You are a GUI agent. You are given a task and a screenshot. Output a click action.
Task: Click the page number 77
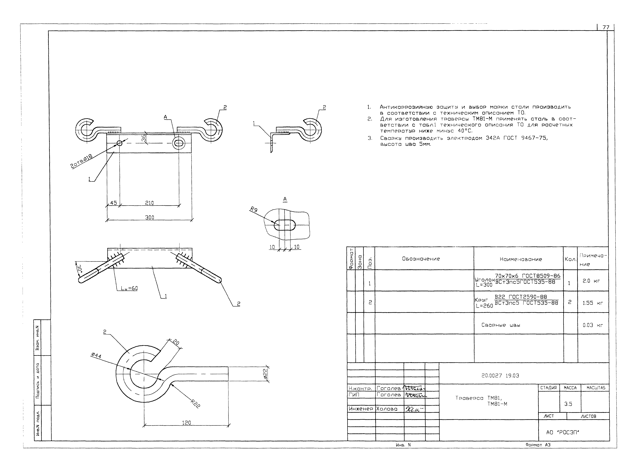(606, 27)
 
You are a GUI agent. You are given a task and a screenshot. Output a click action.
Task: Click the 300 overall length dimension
(149, 217)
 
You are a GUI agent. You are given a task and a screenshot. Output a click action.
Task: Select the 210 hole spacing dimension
(149, 203)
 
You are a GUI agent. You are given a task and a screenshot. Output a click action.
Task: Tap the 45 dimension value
(113, 203)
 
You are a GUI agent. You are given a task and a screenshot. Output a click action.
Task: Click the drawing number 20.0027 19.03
(500, 375)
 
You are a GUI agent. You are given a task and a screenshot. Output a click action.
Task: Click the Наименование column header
(521, 259)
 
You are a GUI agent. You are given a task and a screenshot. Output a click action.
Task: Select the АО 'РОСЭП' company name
(562, 432)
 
